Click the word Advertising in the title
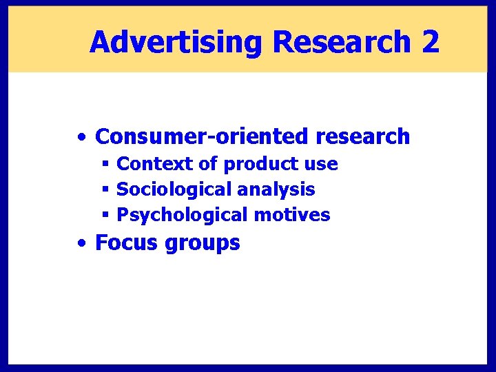click(x=176, y=43)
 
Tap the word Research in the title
click(x=342, y=43)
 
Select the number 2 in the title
click(x=430, y=43)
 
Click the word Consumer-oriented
click(x=203, y=136)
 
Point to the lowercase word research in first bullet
click(x=363, y=136)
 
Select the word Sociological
click(x=174, y=189)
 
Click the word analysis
click(x=276, y=189)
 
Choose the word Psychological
click(x=183, y=215)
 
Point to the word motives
click(x=292, y=215)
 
